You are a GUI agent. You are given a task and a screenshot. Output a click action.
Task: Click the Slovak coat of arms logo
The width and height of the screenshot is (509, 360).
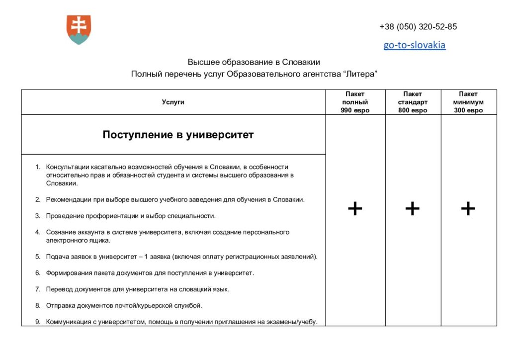pos(79,29)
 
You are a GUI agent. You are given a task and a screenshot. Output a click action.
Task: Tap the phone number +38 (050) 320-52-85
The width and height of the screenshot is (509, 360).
pos(418,27)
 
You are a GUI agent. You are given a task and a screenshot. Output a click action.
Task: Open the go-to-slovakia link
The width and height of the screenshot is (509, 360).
pos(414,45)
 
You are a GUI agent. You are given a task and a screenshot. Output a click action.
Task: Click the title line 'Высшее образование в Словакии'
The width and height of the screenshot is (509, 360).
pos(254,62)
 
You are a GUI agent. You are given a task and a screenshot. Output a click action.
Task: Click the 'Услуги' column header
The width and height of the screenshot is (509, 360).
pos(173,102)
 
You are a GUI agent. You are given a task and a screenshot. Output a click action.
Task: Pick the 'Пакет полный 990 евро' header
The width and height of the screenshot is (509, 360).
pos(355,102)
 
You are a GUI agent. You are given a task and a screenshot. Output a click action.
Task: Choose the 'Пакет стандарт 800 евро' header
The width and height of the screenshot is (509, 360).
pos(413,102)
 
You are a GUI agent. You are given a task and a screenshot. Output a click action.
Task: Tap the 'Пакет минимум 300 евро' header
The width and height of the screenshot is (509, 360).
pos(468,102)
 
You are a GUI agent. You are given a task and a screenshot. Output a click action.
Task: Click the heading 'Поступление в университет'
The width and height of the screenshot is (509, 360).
pos(178,135)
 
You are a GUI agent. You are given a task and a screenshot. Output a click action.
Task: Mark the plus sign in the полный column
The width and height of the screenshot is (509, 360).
pos(355,209)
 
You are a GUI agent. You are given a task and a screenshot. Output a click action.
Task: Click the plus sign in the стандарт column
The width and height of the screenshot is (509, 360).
pos(413,209)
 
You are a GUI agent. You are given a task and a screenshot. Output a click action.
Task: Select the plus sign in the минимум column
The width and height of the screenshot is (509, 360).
pos(468,209)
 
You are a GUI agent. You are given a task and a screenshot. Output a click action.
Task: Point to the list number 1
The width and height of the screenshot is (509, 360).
pos(38,167)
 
